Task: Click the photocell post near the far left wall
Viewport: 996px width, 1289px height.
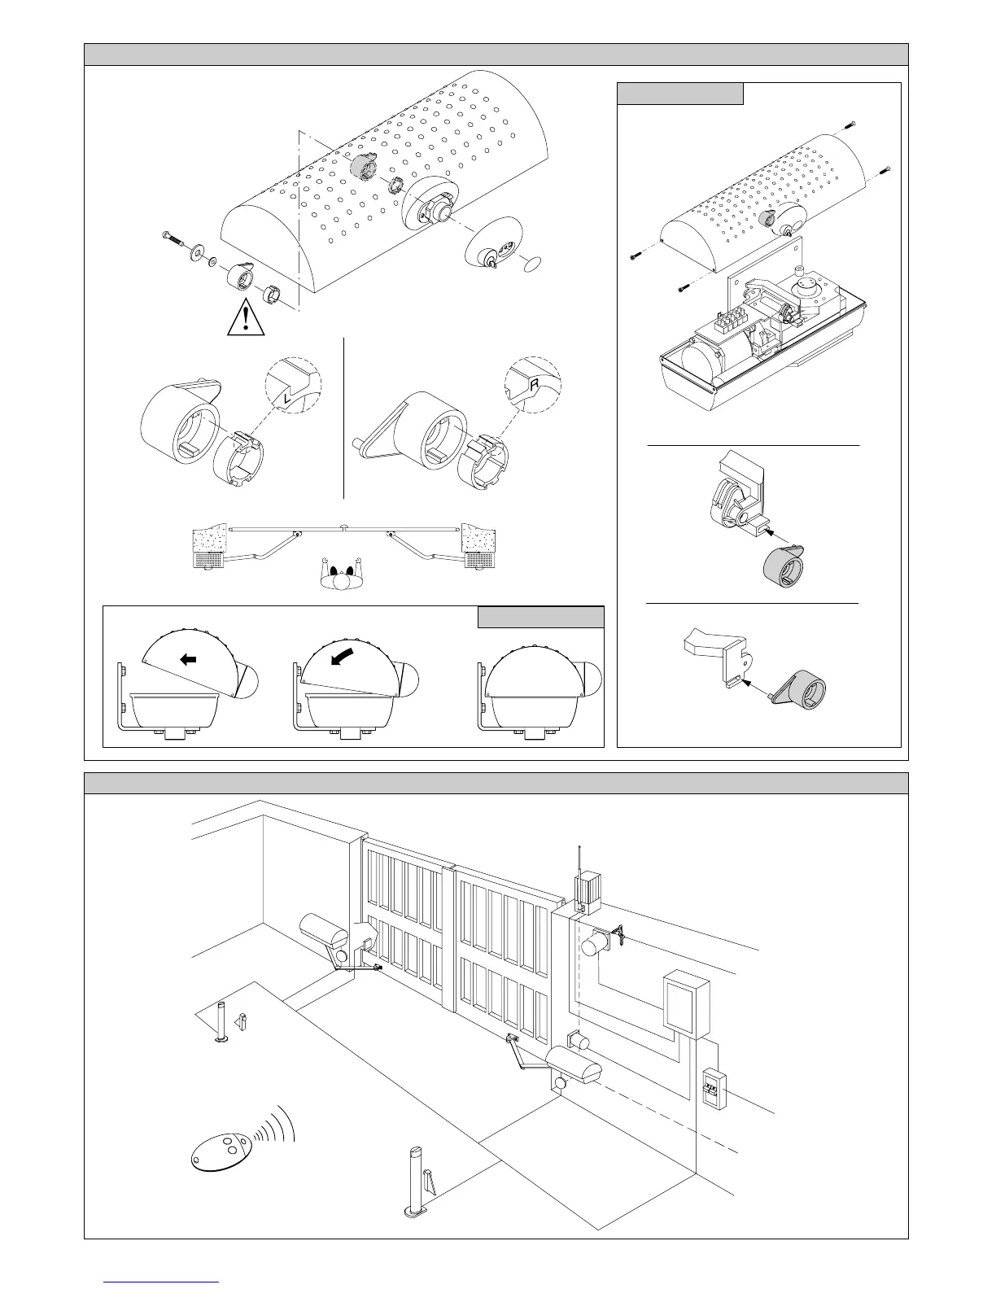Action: (221, 1022)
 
